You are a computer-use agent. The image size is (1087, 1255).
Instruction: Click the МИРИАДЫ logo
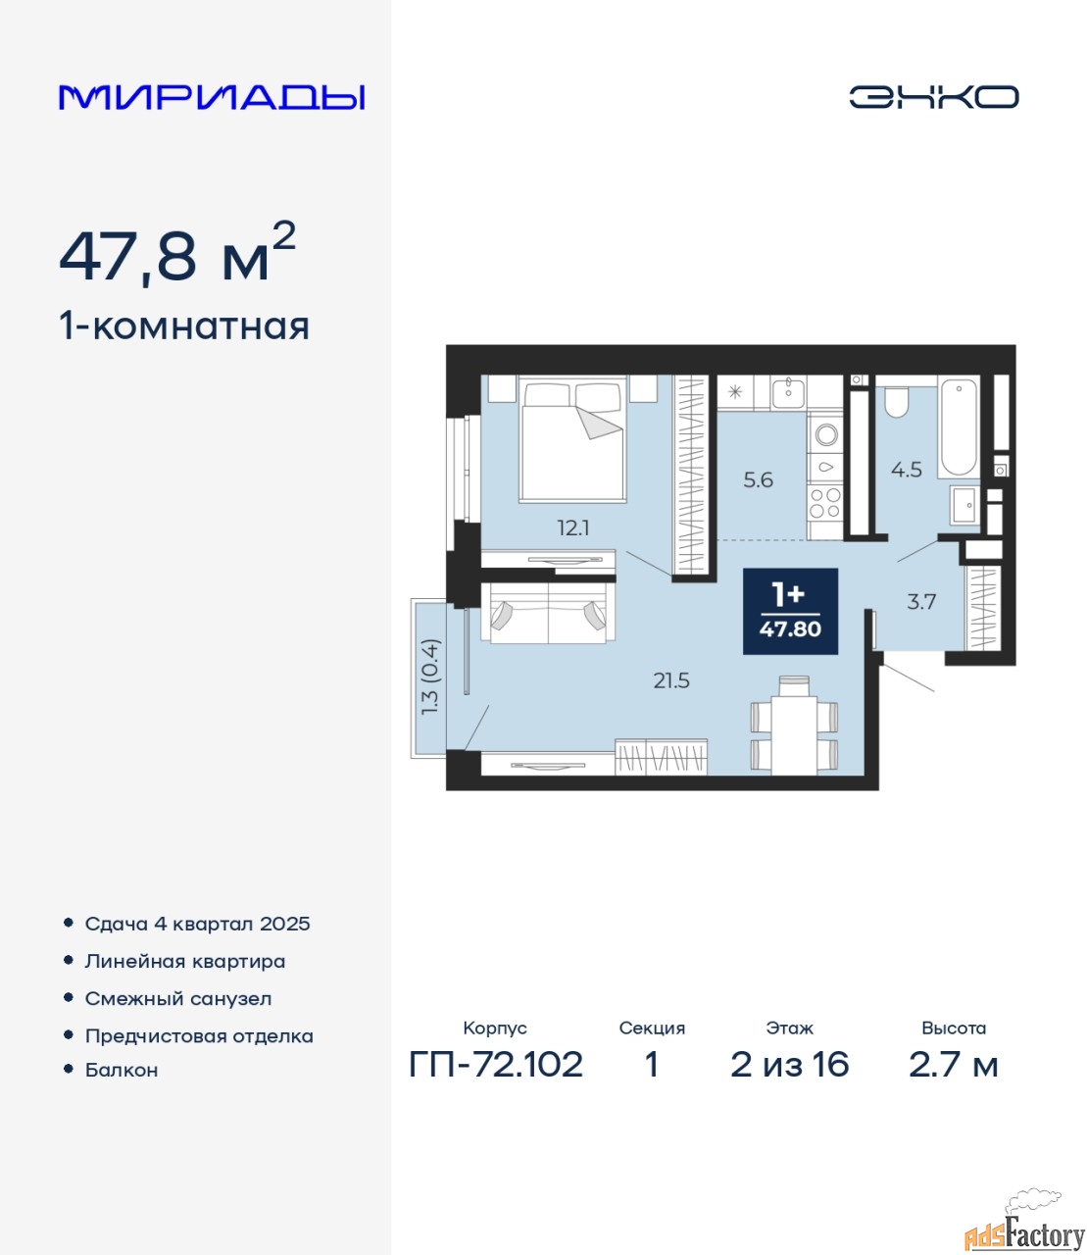pyautogui.click(x=211, y=97)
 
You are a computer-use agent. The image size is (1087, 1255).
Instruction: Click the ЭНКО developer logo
pyautogui.click(x=933, y=97)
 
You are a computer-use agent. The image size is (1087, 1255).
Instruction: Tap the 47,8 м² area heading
pyautogui.click(x=177, y=253)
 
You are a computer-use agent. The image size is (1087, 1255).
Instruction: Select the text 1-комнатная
pyautogui.click(x=184, y=326)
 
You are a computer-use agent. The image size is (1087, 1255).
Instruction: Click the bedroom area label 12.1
pyautogui.click(x=573, y=528)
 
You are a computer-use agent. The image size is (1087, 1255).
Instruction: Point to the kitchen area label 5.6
pyautogui.click(x=758, y=480)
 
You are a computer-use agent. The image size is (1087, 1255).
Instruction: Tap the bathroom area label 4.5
pyautogui.click(x=906, y=470)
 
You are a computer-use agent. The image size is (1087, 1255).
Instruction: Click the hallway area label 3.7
pyautogui.click(x=921, y=602)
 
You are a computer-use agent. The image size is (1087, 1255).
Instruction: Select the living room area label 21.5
pyautogui.click(x=671, y=680)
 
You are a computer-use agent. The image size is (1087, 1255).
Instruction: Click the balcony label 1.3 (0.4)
pyautogui.click(x=429, y=677)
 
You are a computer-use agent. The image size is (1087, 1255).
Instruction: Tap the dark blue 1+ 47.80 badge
pyautogui.click(x=790, y=612)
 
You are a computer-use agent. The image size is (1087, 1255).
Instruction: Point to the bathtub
pyautogui.click(x=959, y=427)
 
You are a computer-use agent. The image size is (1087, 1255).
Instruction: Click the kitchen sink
pyautogui.click(x=788, y=393)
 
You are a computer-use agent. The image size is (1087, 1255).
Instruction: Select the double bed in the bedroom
pyautogui.click(x=572, y=439)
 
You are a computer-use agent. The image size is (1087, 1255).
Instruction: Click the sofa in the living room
pyautogui.click(x=548, y=613)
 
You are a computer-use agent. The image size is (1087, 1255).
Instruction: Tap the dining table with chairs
pyautogui.click(x=794, y=726)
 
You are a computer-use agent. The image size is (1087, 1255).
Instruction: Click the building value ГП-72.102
pyautogui.click(x=496, y=1065)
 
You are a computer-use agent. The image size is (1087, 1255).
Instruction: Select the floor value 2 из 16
pyautogui.click(x=790, y=1065)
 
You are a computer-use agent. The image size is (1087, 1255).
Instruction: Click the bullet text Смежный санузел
pyautogui.click(x=177, y=999)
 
